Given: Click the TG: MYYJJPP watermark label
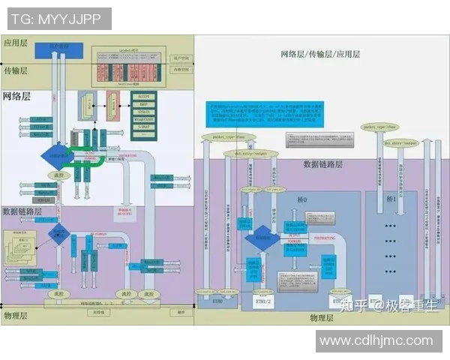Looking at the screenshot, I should click(x=56, y=18).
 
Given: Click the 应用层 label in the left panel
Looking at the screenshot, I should click(x=15, y=43).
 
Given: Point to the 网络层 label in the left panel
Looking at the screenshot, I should click(x=16, y=97).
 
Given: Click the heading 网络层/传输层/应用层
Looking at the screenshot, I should click(x=320, y=54).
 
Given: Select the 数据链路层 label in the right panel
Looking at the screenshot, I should click(x=322, y=164).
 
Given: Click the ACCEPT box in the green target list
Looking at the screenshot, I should click(x=147, y=97).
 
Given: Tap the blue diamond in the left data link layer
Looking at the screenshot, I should click(x=58, y=235).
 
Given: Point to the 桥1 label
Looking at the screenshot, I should click(x=390, y=201).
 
